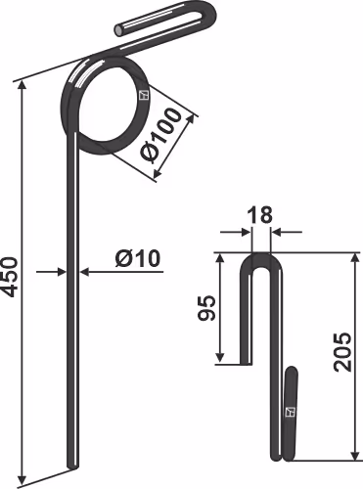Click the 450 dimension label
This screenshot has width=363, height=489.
(x=10, y=277)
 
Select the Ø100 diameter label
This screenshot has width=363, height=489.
(x=160, y=134)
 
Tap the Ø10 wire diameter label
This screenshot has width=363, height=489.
(x=138, y=259)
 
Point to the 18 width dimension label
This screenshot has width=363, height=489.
(x=260, y=215)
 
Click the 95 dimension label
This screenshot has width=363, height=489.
(x=206, y=308)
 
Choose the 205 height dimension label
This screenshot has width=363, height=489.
(x=342, y=352)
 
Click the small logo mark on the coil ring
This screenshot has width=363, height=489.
(x=144, y=95)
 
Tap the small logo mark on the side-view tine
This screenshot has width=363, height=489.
(x=290, y=413)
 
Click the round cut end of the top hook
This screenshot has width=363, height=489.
(x=118, y=30)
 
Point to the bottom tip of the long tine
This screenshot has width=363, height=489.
(x=72, y=467)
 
